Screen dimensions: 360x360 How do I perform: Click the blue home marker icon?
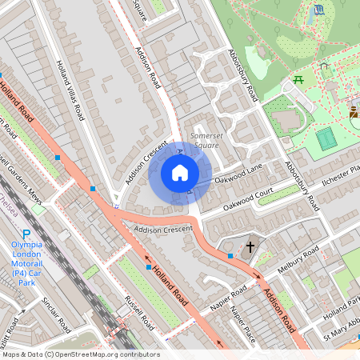(180, 173)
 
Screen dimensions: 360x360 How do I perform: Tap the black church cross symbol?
(250, 247)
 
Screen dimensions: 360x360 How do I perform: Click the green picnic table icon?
(298, 78)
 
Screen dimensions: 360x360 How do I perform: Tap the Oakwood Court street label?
(249, 198)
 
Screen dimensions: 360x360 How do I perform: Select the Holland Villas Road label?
(70, 89)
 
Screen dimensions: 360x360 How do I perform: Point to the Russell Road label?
(138, 311)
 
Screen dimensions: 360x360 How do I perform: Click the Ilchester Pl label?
(345, 174)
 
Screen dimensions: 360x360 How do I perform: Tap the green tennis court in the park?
(325, 138)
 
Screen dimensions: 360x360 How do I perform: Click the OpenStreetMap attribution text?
(80, 354)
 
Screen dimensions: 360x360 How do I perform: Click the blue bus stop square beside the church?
(230, 256)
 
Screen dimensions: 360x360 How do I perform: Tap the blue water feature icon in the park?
(320, 10)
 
